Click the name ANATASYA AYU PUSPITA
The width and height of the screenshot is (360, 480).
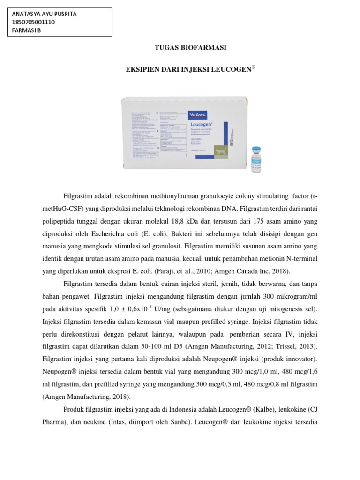click(x=44, y=14)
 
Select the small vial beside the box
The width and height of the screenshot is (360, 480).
click(x=256, y=159)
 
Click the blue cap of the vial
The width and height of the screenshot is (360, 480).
click(x=256, y=150)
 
